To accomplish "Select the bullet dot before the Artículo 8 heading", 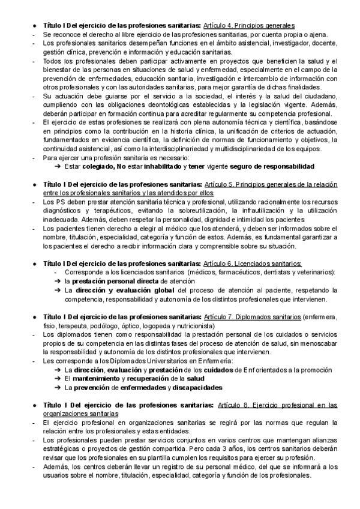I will [x=35, y=406].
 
